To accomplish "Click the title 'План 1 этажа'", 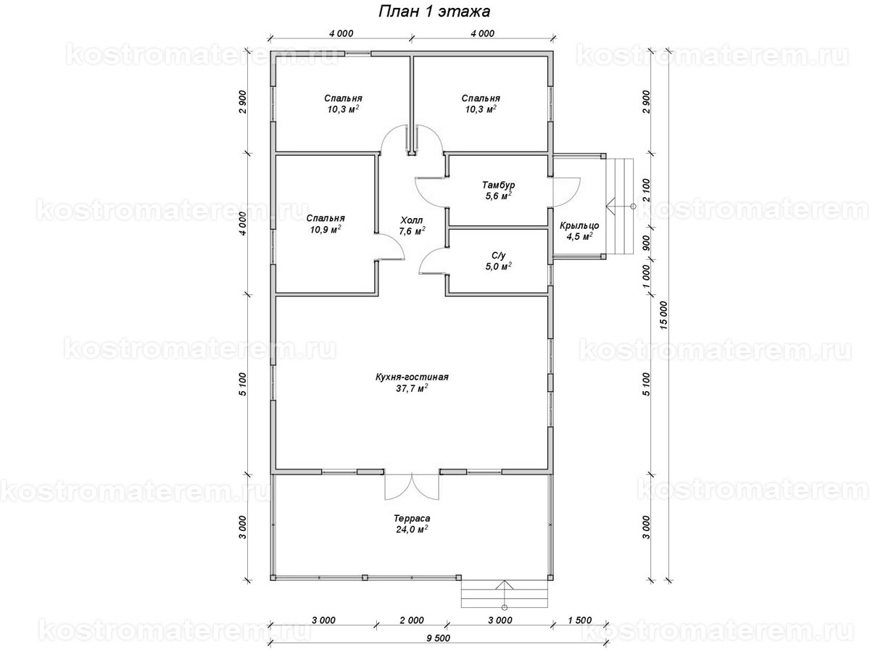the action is (x=434, y=12).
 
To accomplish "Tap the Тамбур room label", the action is (x=498, y=185).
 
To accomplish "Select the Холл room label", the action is (x=411, y=220).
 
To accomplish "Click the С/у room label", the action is (x=499, y=256).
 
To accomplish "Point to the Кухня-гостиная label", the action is (x=412, y=377).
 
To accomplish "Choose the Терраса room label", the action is (x=412, y=518).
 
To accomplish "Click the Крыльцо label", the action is (x=579, y=225).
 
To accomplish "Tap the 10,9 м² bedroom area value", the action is (x=326, y=230).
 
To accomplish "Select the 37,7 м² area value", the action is (x=412, y=388).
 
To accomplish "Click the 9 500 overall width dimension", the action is (x=439, y=638).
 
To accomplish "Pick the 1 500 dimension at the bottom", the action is (x=579, y=620).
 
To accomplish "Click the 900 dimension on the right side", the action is (x=646, y=243).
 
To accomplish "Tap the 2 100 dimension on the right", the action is (x=646, y=190).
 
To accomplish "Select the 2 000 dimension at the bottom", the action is (x=412, y=620).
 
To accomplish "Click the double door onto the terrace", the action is (x=412, y=485).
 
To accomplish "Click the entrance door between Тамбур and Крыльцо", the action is (x=566, y=193).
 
